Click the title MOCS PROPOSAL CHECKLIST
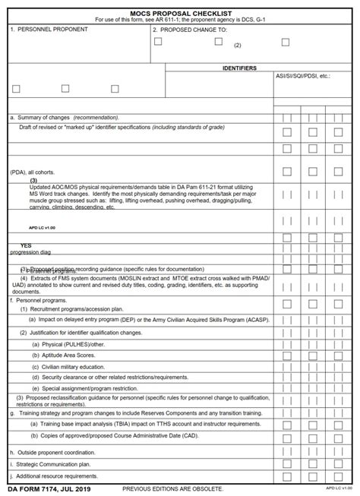point(180,13)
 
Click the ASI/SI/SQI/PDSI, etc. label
point(303,77)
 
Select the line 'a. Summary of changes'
point(64,118)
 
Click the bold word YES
point(26,245)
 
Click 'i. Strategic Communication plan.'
point(50,463)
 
